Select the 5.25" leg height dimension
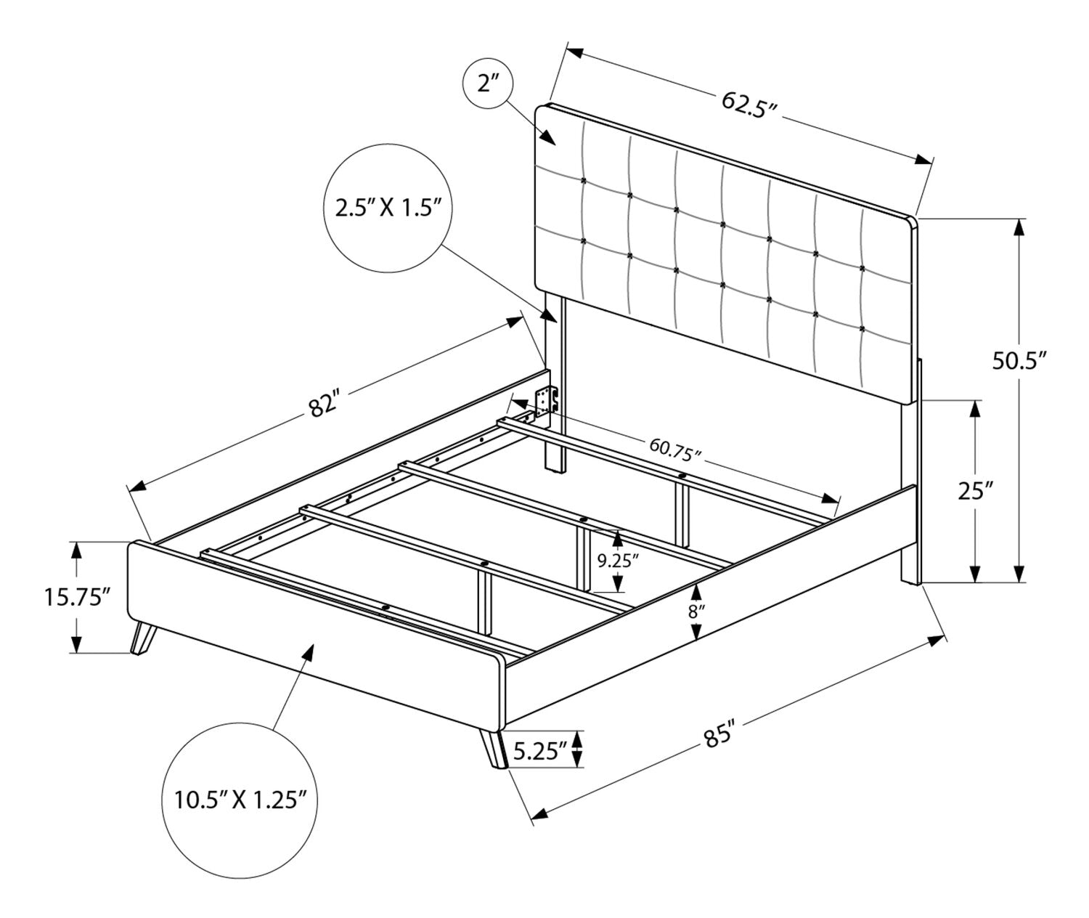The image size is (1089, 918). point(540,752)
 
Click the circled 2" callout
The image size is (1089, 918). point(488,83)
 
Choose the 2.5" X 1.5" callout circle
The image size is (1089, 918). point(388,208)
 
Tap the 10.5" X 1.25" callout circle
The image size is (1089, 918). point(240,800)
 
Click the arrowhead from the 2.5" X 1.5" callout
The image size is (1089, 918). point(547,314)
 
